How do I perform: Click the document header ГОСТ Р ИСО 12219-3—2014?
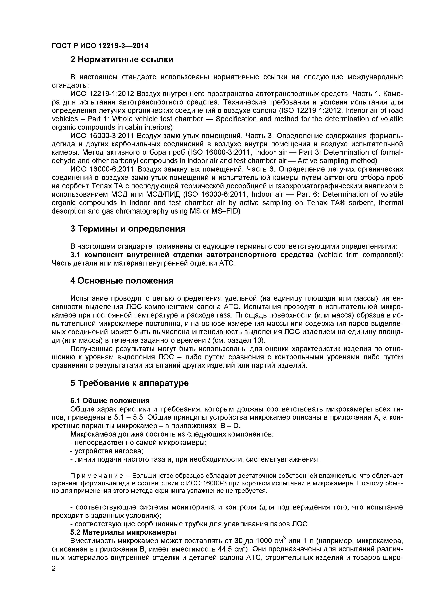(x=100, y=46)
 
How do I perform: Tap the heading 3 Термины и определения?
(x=128, y=229)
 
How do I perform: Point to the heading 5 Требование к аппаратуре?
(x=129, y=383)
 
